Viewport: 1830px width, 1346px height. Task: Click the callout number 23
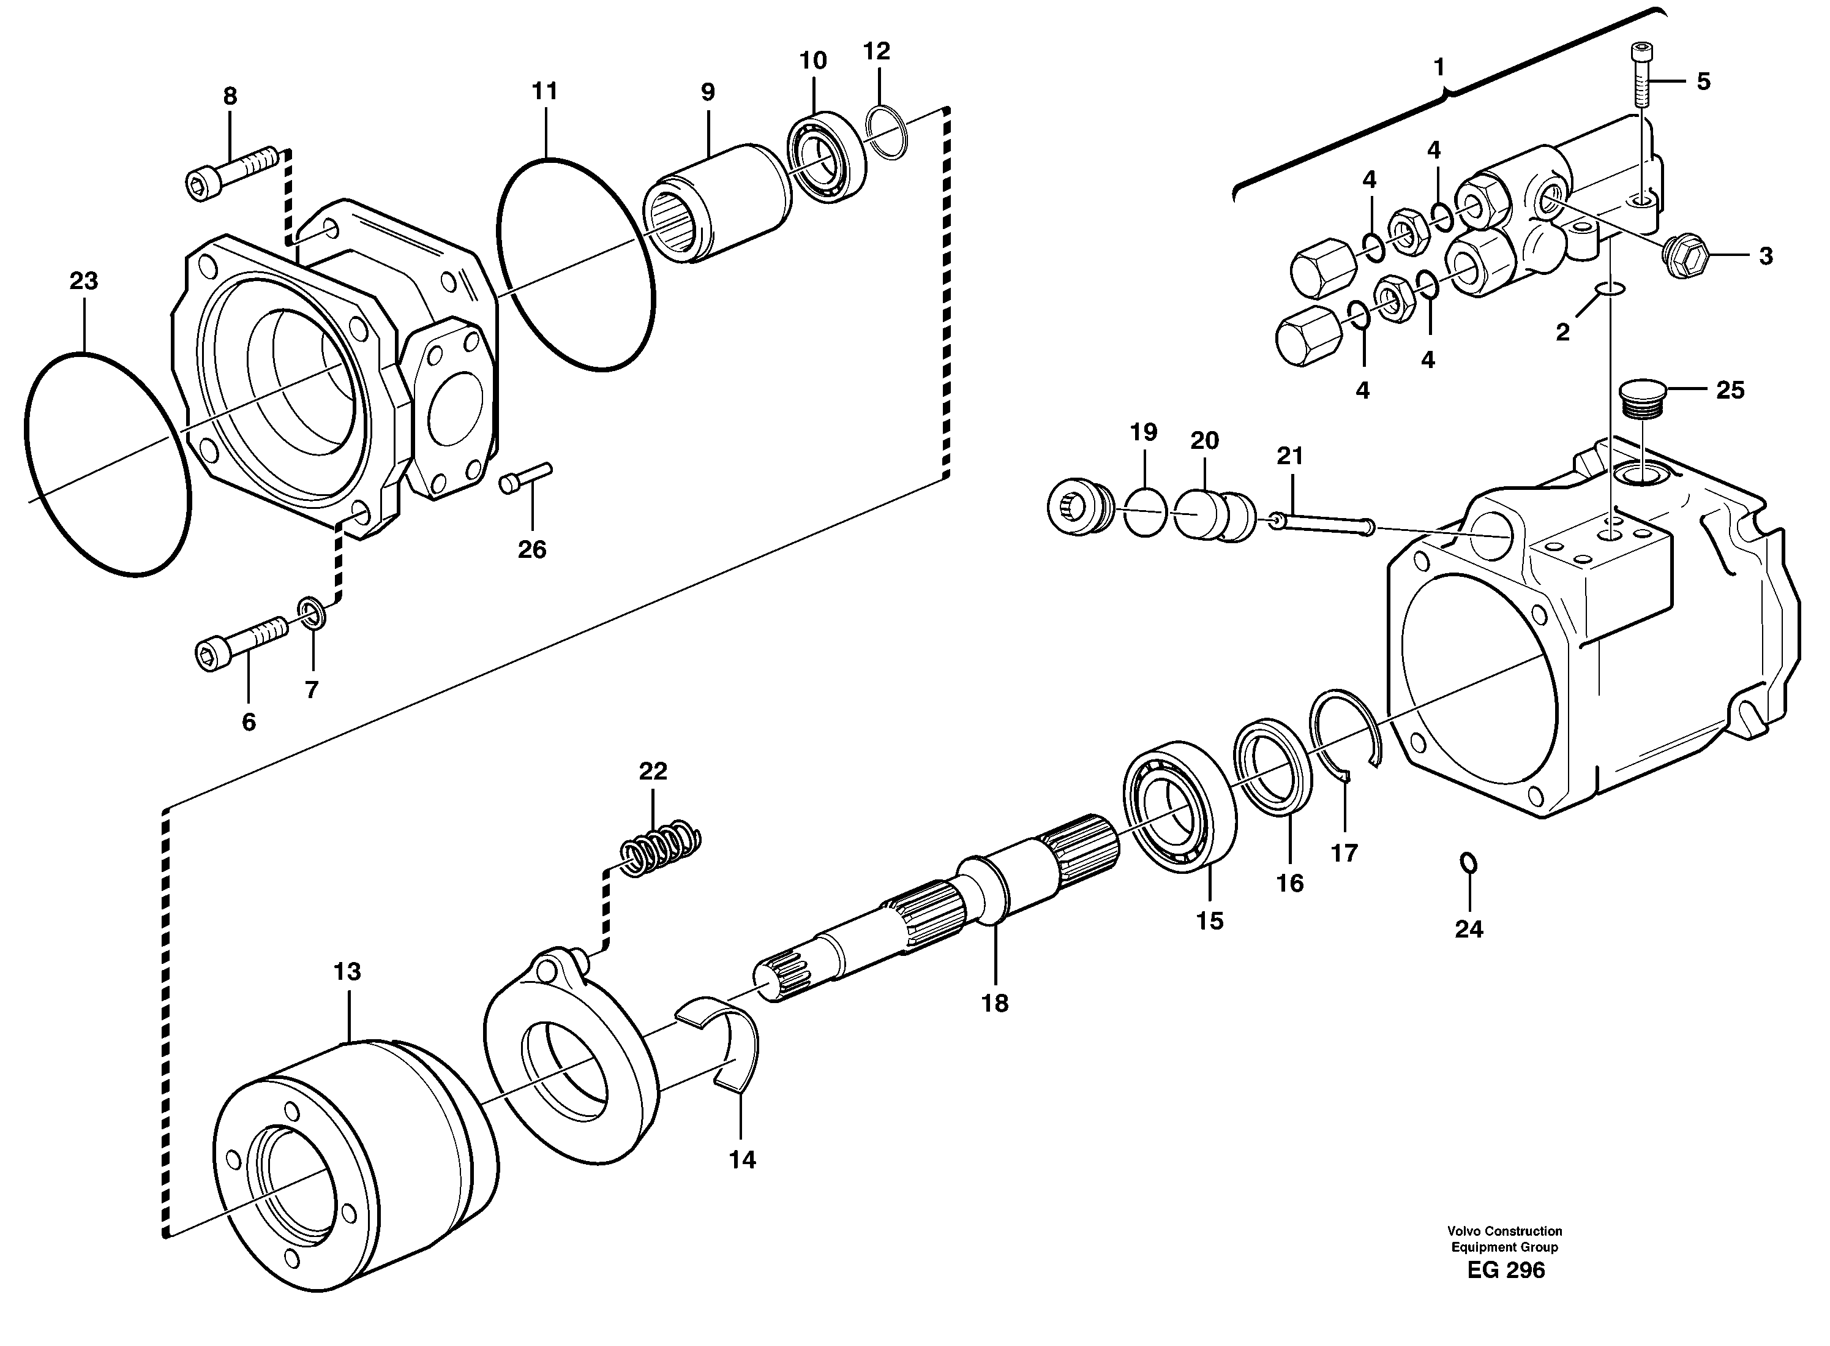[83, 281]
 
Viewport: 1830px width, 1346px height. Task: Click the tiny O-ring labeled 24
[1468, 862]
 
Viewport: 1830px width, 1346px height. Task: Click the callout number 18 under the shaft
[994, 1003]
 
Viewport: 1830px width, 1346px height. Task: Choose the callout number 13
[347, 971]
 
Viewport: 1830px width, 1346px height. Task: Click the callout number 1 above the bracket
[1439, 67]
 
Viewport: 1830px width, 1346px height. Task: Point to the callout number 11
[544, 91]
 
